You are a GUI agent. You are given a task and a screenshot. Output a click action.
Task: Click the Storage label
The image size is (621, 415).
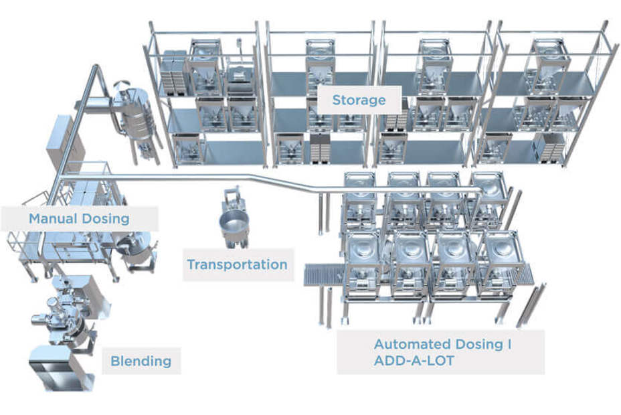pyautogui.click(x=359, y=100)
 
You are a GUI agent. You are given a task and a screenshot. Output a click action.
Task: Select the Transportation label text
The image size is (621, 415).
pyautogui.click(x=237, y=264)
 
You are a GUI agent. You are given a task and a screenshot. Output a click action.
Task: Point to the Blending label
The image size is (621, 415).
pyautogui.click(x=141, y=361)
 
